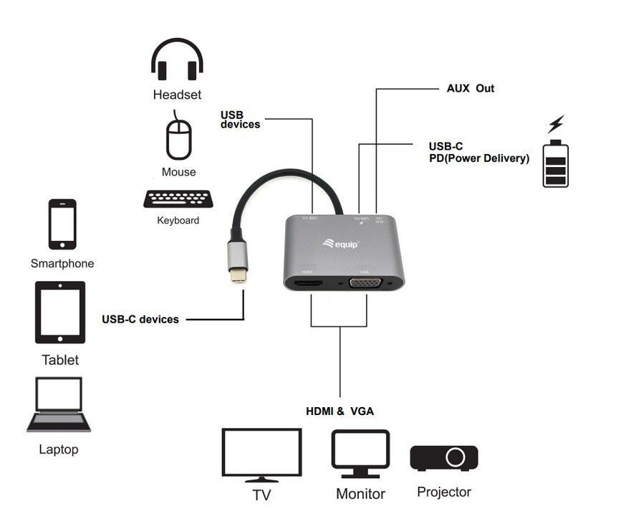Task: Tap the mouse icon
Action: pos(179,138)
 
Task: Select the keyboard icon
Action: pos(178,199)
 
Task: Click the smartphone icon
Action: pos(62,224)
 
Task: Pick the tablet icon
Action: pos(60,312)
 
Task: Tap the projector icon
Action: pos(443,457)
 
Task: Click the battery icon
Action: pos(555,163)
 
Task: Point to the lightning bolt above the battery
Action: pos(555,124)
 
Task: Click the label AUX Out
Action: pos(470,88)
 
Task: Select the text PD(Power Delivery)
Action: pos(474,158)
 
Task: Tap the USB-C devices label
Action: pos(140,319)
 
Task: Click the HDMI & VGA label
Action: pos(340,411)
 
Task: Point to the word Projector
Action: pos(444,492)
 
